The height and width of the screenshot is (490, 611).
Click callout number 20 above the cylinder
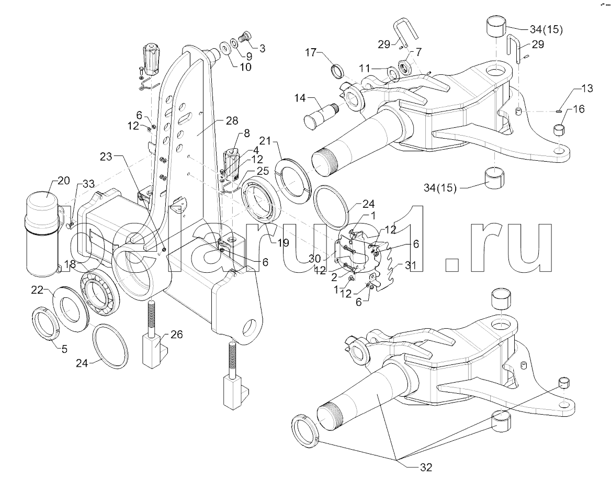pos(63,181)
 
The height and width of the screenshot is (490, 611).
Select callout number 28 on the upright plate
pos(231,121)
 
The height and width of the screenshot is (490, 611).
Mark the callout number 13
pos(587,88)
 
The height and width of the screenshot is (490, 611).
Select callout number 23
pos(106,155)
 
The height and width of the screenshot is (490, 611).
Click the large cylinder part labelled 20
pos(40,233)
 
